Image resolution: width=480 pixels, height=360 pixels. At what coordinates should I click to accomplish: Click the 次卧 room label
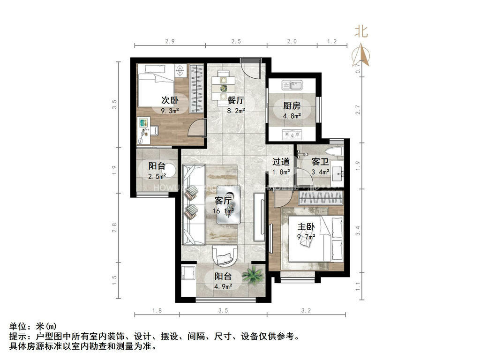[x=170, y=100]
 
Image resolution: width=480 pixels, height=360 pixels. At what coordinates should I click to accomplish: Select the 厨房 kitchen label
[x=292, y=105]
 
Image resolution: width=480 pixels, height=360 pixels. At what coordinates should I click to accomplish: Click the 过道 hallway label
[x=281, y=162]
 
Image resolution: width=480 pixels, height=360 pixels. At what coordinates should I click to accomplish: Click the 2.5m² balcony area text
[x=157, y=176]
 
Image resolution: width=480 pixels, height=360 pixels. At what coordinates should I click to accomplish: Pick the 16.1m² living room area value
[x=224, y=211]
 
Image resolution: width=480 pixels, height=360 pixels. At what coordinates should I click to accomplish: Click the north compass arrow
[x=361, y=55]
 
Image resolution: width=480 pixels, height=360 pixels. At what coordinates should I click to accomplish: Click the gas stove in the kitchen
[x=292, y=135]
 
